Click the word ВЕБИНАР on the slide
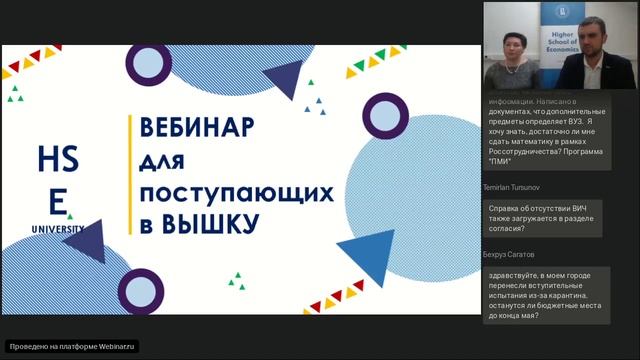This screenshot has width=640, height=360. [x=197, y=129]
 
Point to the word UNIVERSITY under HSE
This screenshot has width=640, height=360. [x=57, y=228]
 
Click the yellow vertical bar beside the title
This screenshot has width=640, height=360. [x=130, y=174]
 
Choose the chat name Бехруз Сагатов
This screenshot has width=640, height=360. [x=509, y=256]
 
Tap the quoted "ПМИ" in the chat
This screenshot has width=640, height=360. [x=500, y=162]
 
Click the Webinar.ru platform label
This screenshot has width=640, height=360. [x=73, y=346]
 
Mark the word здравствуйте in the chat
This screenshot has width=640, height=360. [x=517, y=275]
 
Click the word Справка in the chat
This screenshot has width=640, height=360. [x=506, y=207]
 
